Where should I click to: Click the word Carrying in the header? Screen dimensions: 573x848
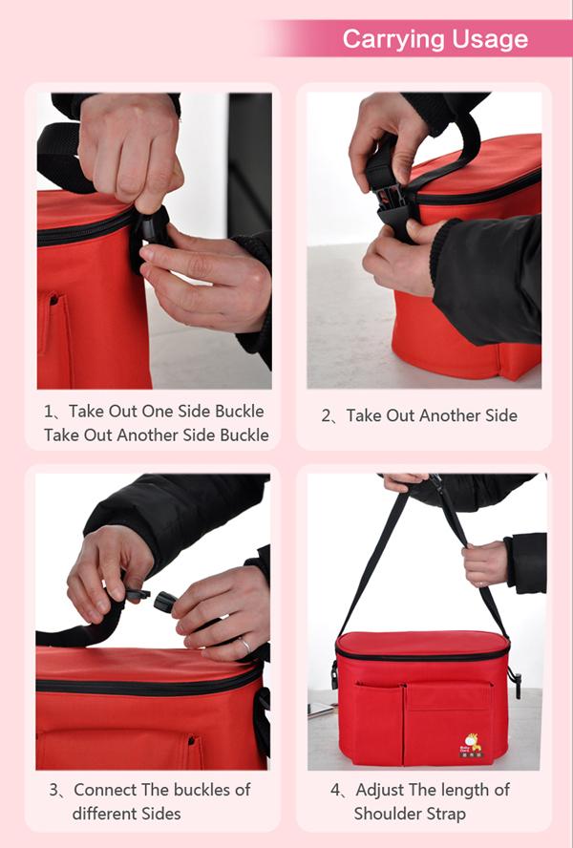(x=393, y=40)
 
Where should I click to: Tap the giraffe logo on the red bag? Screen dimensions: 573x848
(x=471, y=745)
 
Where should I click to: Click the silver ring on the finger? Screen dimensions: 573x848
(x=244, y=645)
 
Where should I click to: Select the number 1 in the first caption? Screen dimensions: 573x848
(x=49, y=412)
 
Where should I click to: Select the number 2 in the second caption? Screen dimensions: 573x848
(x=326, y=416)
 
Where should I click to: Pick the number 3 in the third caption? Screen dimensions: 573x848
(x=53, y=790)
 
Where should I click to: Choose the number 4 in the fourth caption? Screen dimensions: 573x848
(x=335, y=790)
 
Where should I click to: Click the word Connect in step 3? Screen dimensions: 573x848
(x=105, y=790)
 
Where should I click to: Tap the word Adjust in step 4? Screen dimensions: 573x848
(x=380, y=791)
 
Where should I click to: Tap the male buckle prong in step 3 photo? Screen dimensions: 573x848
(x=138, y=595)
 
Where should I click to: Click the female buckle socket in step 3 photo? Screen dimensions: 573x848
(x=165, y=602)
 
